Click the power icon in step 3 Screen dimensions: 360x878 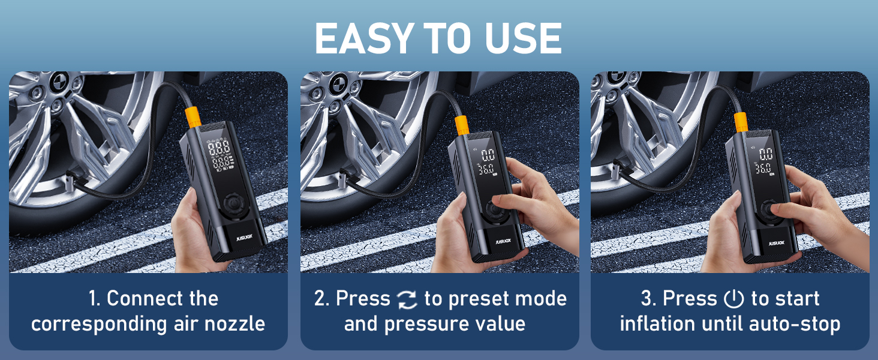pyautogui.click(x=733, y=299)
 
